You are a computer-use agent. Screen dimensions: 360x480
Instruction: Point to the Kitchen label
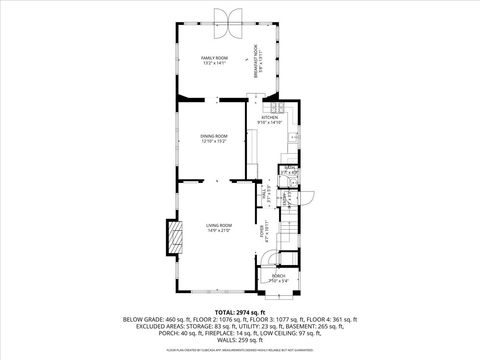(x=270, y=120)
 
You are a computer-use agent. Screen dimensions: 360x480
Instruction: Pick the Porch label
(x=278, y=280)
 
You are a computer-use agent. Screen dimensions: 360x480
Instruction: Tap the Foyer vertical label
(x=263, y=232)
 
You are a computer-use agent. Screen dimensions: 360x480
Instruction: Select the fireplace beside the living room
(x=176, y=237)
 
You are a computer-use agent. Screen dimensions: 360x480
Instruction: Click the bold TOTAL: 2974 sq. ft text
(x=240, y=312)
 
